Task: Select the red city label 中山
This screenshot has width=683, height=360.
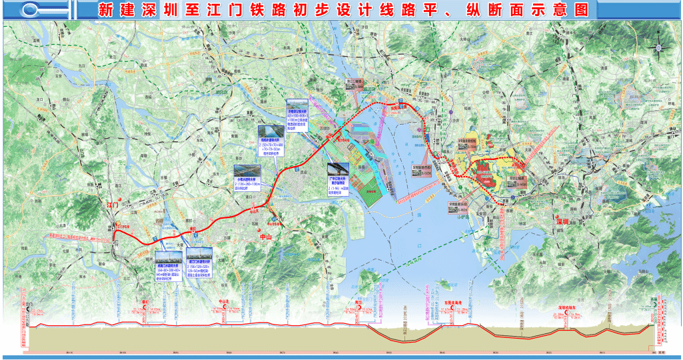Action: [266, 236]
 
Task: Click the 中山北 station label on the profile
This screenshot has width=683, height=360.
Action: [224, 301]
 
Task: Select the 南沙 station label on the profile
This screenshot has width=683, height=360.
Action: [357, 303]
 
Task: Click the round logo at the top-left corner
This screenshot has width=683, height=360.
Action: [31, 10]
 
